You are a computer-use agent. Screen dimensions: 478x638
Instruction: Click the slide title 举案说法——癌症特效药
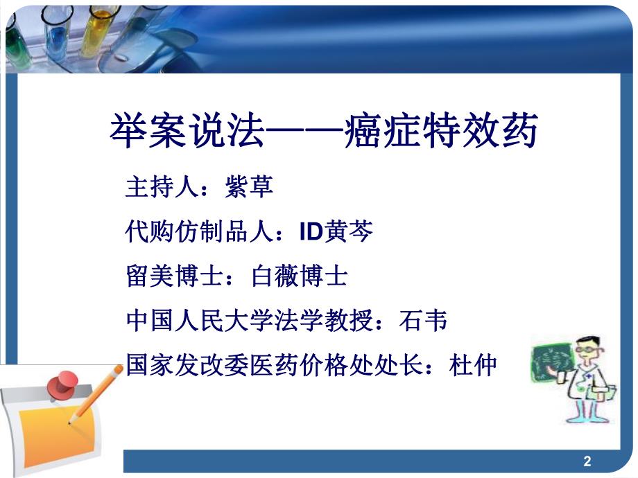click(324, 132)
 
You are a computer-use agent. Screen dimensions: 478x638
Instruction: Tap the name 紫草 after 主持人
click(249, 187)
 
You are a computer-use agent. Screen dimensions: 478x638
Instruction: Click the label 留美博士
click(169, 276)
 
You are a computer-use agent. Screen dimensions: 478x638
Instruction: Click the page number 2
click(587, 461)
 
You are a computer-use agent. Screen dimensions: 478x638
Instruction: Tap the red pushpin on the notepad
click(67, 384)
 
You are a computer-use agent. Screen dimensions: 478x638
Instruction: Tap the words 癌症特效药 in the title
click(441, 132)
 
